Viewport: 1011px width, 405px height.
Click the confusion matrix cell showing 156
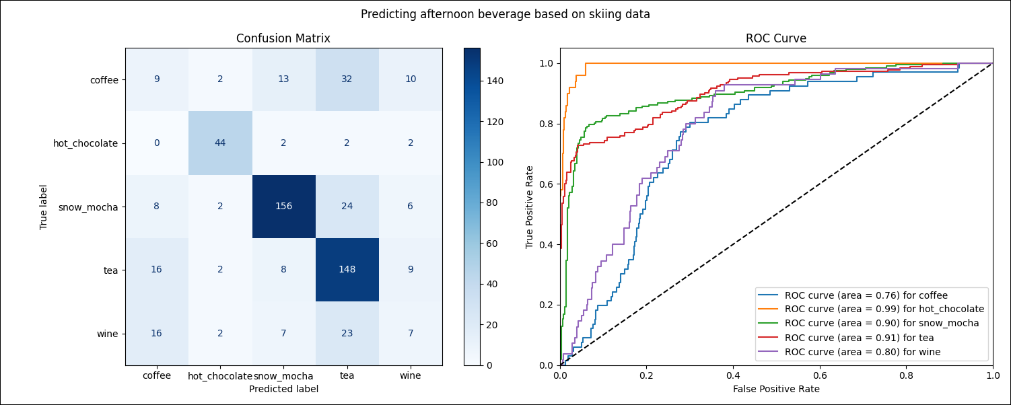click(x=283, y=207)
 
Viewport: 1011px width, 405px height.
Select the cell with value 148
click(x=347, y=270)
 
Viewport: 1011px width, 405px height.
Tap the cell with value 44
click(x=220, y=143)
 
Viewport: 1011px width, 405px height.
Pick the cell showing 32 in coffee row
click(x=347, y=79)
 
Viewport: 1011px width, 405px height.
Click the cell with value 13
click(x=283, y=79)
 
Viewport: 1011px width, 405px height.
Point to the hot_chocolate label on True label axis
click(x=85, y=143)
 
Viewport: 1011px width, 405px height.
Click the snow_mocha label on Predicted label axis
click(x=283, y=376)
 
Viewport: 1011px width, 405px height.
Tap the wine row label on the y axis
click(x=108, y=334)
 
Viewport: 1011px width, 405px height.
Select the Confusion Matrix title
click(x=283, y=39)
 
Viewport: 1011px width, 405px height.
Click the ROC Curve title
click(x=776, y=39)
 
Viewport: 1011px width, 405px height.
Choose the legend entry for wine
click(x=862, y=351)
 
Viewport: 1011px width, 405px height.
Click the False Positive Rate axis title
click(x=776, y=389)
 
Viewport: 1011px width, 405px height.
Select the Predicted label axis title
click(x=283, y=389)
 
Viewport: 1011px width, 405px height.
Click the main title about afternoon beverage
click(x=505, y=14)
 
